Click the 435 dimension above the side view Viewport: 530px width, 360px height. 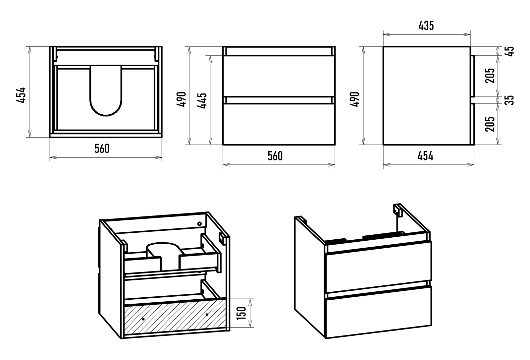tap(426, 26)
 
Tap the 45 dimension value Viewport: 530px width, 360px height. tap(510, 51)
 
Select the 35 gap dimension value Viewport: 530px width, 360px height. tap(510, 100)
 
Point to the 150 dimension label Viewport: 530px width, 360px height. tap(242, 313)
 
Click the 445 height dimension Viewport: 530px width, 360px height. tap(202, 100)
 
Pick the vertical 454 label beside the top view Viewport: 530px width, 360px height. tap(21, 95)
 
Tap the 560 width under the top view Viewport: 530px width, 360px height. tap(102, 149)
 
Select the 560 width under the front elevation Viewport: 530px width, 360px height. tap(275, 156)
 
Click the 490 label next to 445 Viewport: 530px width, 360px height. tap(182, 99)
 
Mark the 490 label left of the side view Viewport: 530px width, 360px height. tap(354, 99)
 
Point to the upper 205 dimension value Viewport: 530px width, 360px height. tap(490, 76)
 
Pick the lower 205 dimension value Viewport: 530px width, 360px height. tap(490, 124)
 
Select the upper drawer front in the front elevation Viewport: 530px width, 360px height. tap(279, 76)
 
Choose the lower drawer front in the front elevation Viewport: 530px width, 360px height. tap(279, 124)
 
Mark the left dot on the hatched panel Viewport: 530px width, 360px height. tap(143, 319)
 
